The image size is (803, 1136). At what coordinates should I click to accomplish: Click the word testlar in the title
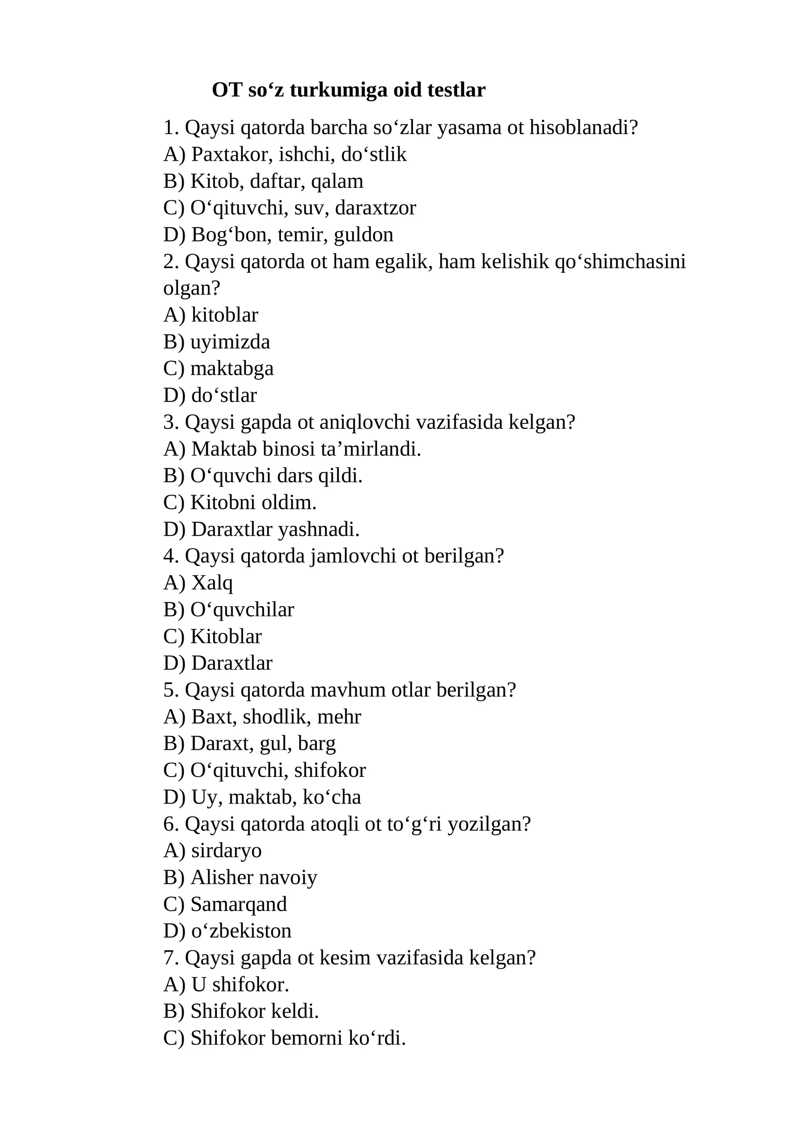click(x=456, y=90)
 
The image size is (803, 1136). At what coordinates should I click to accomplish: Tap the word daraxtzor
click(x=375, y=208)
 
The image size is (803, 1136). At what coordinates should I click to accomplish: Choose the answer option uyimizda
click(x=230, y=343)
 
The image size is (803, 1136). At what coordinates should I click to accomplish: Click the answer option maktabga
click(x=232, y=369)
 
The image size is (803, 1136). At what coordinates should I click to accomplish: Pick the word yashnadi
click(x=319, y=529)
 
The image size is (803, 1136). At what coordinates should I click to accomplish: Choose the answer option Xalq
click(x=212, y=583)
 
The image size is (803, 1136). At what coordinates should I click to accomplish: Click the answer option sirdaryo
click(x=226, y=851)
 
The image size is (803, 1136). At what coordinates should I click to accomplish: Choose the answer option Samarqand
click(x=238, y=904)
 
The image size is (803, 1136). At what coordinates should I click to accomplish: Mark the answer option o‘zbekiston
click(x=241, y=931)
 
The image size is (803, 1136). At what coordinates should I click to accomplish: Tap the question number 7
click(x=171, y=958)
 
